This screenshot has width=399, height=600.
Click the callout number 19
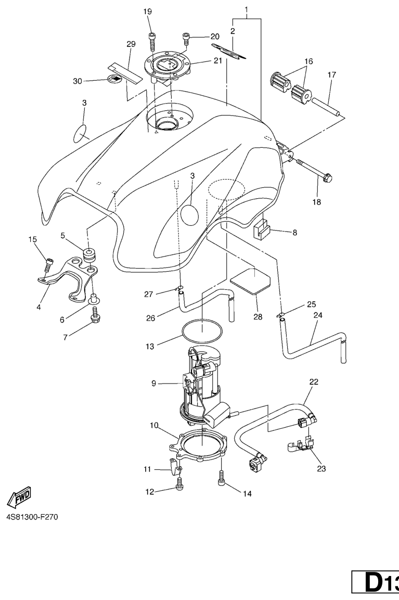(x=148, y=12)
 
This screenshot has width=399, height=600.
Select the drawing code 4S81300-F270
(x=32, y=518)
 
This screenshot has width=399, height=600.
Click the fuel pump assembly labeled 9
(x=204, y=387)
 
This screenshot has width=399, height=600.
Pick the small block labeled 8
(x=261, y=229)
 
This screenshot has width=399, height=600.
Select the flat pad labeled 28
(x=249, y=281)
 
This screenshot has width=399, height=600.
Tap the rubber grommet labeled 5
(x=89, y=255)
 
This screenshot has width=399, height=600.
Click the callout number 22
(x=314, y=382)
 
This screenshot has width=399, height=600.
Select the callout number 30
(x=78, y=81)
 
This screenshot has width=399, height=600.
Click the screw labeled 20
(x=186, y=37)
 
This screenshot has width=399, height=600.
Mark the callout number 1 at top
(x=247, y=9)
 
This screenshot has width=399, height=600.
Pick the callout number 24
(x=317, y=315)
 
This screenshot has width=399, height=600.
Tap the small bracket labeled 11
(x=173, y=463)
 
